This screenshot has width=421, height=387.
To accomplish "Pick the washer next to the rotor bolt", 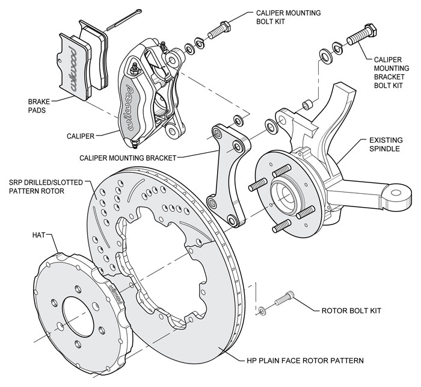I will [262, 310].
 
